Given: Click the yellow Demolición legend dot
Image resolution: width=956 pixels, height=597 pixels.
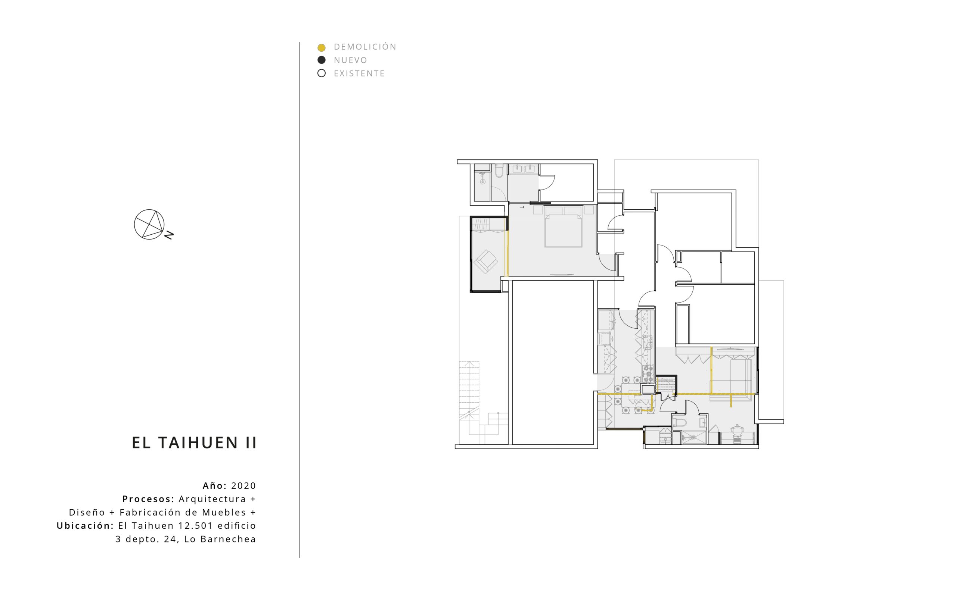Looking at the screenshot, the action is pos(322,48).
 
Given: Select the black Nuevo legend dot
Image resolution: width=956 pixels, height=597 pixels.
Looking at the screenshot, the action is pos(322,60).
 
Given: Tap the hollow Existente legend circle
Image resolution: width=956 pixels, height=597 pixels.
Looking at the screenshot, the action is pos(322,73).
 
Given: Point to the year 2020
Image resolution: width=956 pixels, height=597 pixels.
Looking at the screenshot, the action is pos(244,486).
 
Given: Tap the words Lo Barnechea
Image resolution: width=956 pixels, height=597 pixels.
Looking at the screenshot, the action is pos(220,540).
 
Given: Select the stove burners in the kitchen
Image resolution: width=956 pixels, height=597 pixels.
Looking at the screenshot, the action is pos(372,374).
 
